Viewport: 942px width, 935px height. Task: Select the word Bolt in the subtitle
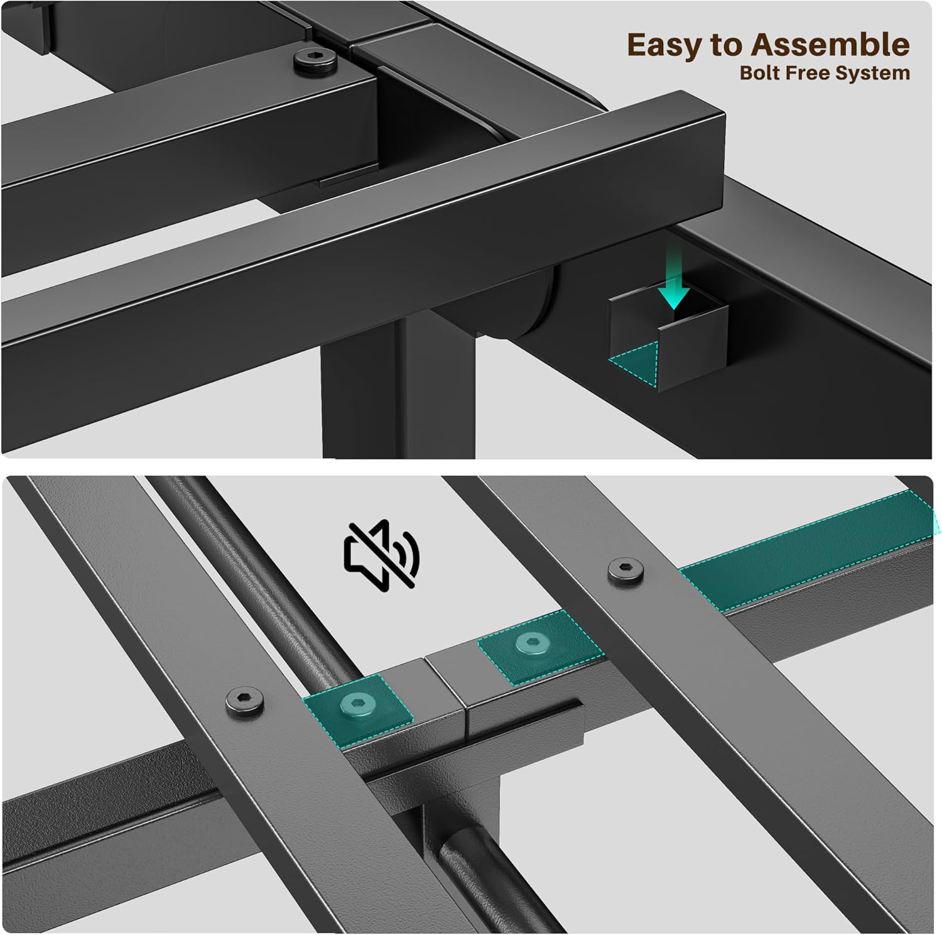tap(758, 73)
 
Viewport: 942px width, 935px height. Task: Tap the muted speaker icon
tap(381, 554)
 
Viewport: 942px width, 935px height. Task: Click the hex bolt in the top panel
tap(315, 62)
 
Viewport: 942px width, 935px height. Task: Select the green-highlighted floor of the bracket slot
tap(634, 363)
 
